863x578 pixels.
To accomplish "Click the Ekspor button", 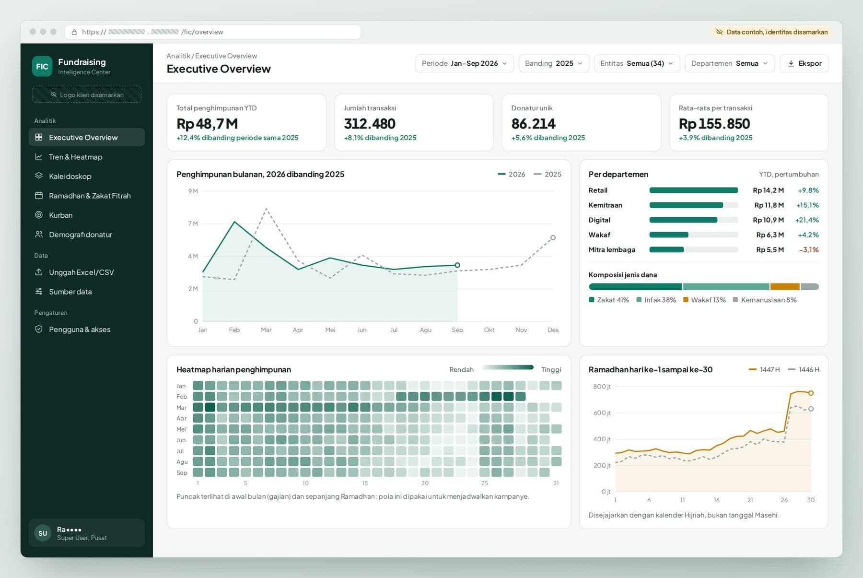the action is (804, 63).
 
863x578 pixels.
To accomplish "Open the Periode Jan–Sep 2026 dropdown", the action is (464, 63).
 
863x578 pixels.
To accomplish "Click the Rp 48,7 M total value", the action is (207, 124).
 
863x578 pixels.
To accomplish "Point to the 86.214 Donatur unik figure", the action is (533, 124).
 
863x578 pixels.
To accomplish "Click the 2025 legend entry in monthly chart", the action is (548, 174).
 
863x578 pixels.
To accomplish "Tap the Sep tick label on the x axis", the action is (457, 330).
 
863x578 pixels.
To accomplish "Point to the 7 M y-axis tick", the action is (193, 224).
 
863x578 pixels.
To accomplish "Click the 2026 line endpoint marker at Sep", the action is (457, 265).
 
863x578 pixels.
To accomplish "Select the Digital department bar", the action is (683, 220).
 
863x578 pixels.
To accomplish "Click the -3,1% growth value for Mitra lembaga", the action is (809, 249).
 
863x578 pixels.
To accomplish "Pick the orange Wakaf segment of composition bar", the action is (785, 287).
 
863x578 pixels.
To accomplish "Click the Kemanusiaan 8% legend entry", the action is (765, 300).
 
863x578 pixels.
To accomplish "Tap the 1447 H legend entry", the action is (764, 369).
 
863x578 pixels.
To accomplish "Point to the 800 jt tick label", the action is (602, 387).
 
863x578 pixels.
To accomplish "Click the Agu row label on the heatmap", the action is (182, 461).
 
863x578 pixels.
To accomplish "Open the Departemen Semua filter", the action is (730, 63).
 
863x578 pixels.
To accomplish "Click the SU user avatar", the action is (43, 533).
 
